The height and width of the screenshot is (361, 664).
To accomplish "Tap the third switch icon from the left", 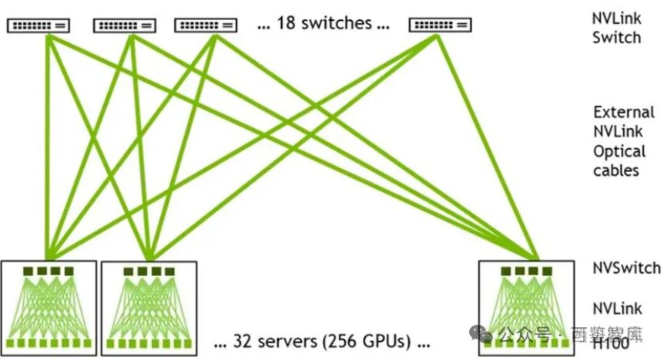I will (x=205, y=25).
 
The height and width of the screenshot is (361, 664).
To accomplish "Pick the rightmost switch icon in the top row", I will (x=440, y=25).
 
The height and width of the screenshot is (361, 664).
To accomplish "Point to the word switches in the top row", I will (x=335, y=23).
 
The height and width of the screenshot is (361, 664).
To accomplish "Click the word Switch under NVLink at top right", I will (x=616, y=37).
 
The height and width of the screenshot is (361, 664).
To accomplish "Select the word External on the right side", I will (x=624, y=112).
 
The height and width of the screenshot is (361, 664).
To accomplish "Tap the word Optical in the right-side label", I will (x=618, y=151).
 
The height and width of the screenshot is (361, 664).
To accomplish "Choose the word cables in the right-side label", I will (x=616, y=170).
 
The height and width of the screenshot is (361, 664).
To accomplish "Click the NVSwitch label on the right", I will (x=626, y=268).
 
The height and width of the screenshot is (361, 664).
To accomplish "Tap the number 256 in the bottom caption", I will (x=344, y=340).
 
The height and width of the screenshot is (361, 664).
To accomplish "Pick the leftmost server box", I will (x=49, y=308).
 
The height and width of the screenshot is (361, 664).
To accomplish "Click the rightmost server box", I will (x=527, y=308).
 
